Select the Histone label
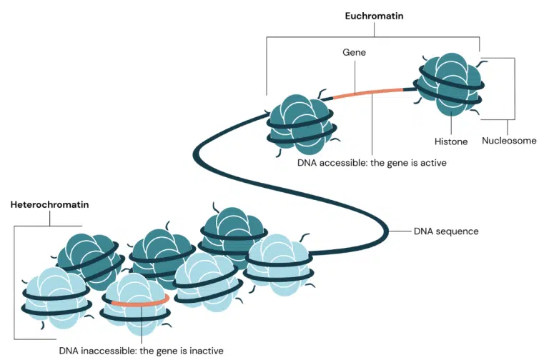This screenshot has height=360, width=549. (451, 141)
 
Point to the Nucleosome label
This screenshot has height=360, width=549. (508, 141)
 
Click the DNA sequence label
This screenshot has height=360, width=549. (446, 231)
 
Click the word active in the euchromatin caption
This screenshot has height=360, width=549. (432, 163)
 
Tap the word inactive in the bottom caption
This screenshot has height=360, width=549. (207, 351)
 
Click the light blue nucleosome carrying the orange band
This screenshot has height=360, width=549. (134, 304)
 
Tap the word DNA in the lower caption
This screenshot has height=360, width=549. (69, 351)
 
